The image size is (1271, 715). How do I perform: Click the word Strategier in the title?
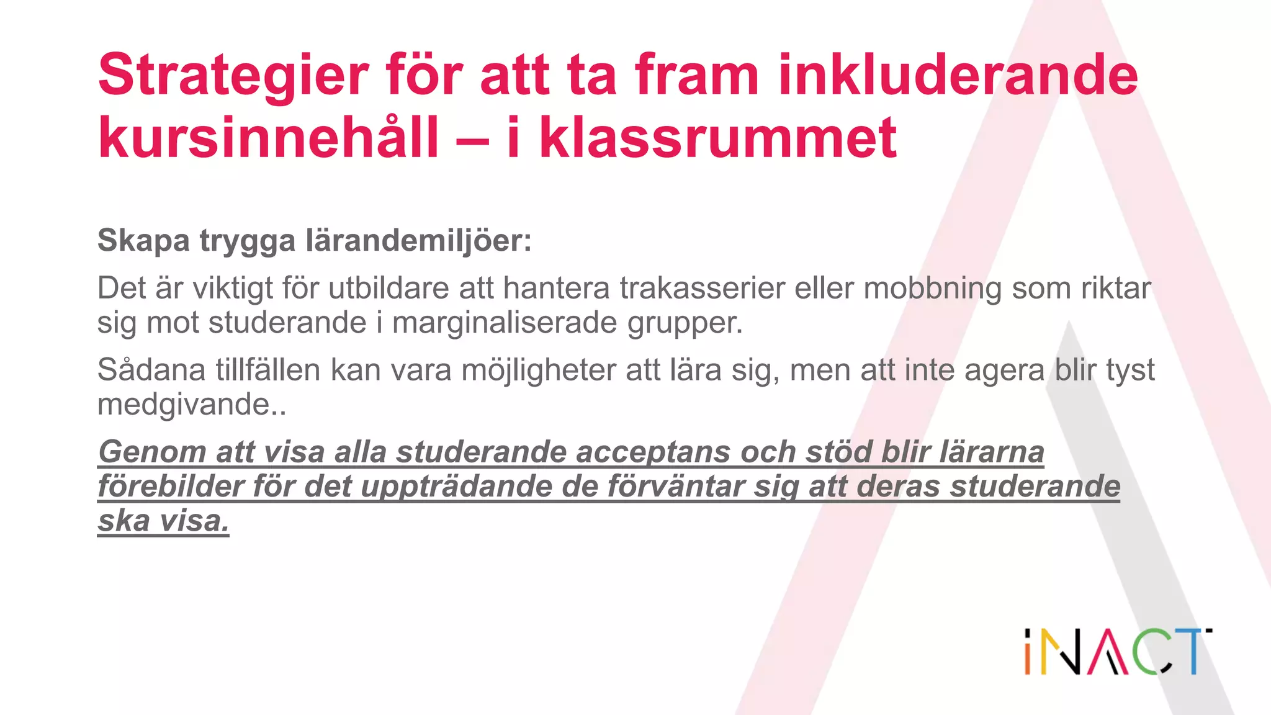[233, 76]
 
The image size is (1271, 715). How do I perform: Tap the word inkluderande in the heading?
[958, 75]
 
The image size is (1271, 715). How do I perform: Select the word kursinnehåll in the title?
[268, 138]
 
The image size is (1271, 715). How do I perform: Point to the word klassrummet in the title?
[717, 138]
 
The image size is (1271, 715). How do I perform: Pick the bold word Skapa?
[143, 241]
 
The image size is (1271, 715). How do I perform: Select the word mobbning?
[932, 288]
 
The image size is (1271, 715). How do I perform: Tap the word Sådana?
[151, 370]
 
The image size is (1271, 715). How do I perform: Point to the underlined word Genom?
[151, 452]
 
